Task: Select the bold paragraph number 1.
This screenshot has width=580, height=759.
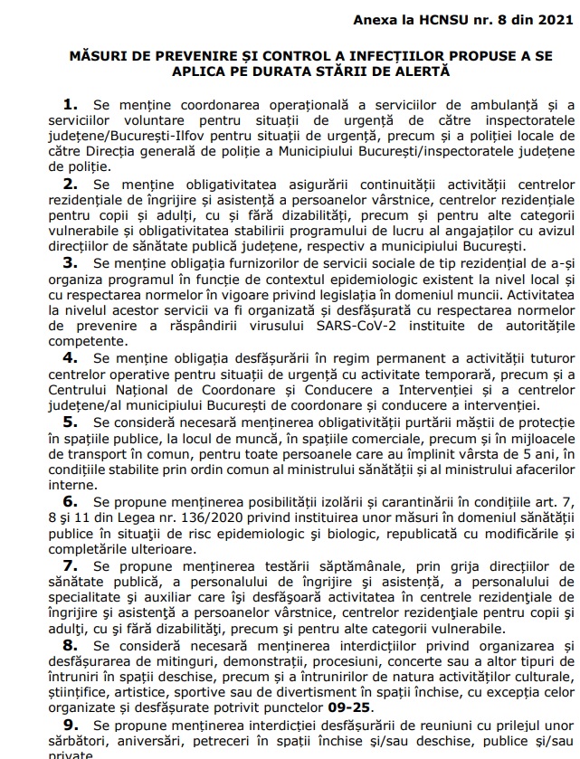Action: [69, 108]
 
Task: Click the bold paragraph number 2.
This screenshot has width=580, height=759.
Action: [69, 184]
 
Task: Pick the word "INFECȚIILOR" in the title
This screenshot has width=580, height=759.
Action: [357, 55]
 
